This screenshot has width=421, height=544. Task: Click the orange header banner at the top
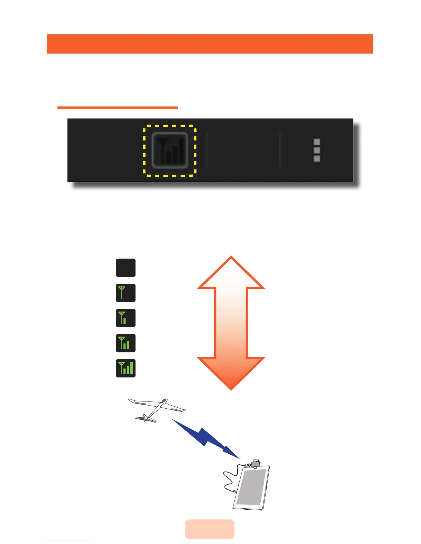[209, 44]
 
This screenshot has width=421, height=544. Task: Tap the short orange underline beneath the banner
[117, 108]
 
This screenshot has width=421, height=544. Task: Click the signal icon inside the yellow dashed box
[170, 151]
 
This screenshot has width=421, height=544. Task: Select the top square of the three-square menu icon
[317, 142]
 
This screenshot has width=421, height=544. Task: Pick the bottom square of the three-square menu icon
[317, 159]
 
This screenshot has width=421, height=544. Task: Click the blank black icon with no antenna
[126, 268]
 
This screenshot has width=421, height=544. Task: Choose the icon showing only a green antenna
[126, 293]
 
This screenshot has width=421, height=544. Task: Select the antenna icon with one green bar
[126, 318]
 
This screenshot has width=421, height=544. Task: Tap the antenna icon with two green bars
[126, 343]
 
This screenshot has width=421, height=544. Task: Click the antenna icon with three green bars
[126, 368]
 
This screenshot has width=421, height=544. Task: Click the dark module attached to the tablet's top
[256, 464]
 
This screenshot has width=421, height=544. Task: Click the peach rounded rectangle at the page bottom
[209, 529]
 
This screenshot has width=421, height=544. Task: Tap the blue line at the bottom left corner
[68, 541]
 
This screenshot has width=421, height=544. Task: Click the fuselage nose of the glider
[165, 400]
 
